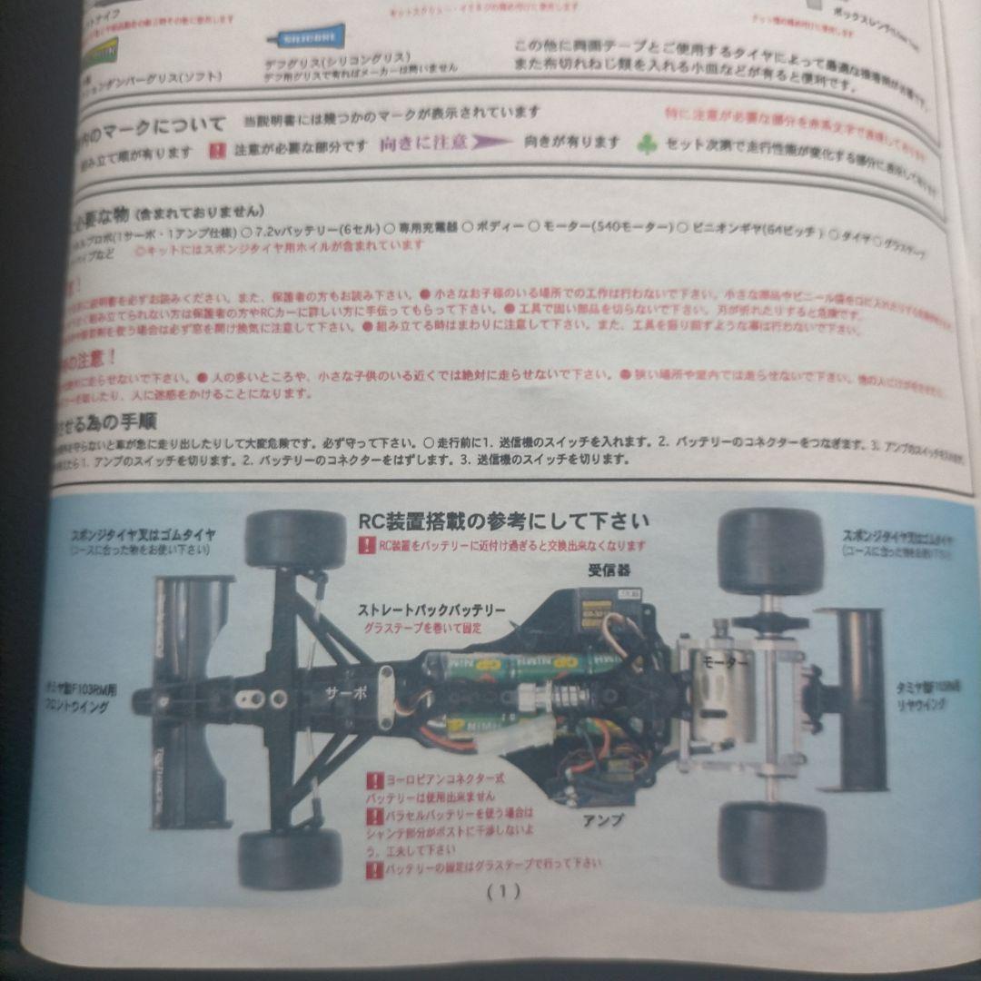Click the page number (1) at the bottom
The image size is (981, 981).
pos(503,891)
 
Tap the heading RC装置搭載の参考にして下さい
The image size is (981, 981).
pos(505,521)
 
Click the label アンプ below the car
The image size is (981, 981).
pos(603,819)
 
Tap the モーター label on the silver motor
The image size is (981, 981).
pos(724,663)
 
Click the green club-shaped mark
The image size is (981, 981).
pos(647,144)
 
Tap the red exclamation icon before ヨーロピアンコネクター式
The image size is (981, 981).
pos(373,779)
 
